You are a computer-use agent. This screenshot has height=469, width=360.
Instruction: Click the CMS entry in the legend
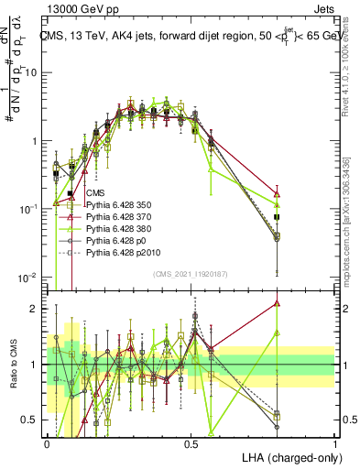[94, 192]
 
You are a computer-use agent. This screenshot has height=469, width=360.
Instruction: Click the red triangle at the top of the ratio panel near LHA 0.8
[277, 303]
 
